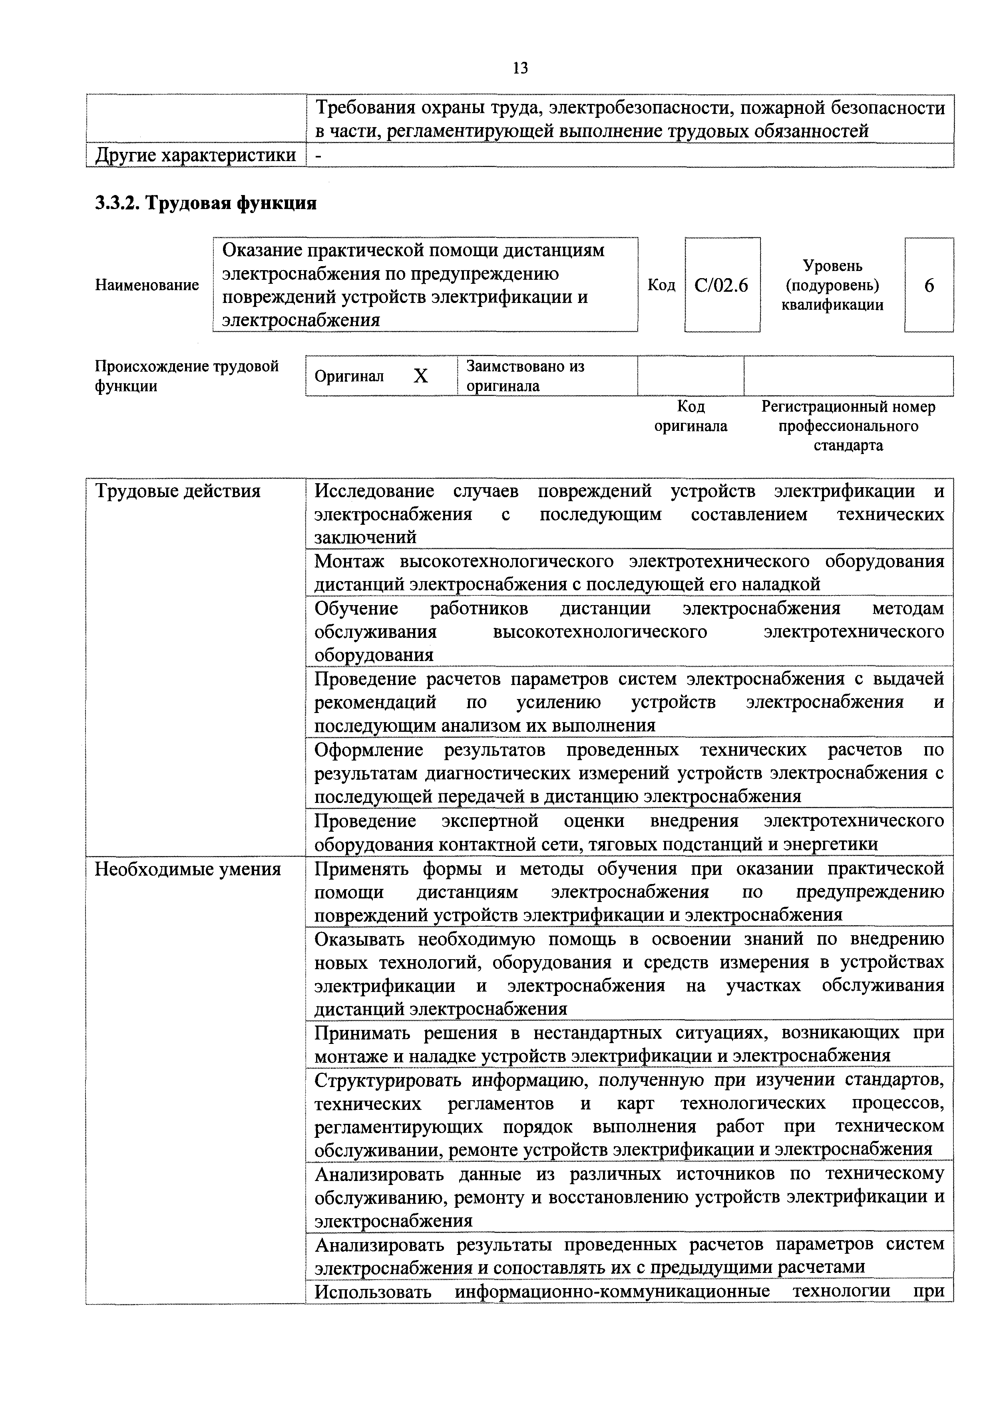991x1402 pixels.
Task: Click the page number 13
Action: click(520, 68)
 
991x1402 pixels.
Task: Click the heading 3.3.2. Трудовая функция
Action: click(206, 203)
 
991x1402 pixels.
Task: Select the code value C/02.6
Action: click(721, 285)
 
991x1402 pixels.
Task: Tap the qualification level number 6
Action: click(929, 285)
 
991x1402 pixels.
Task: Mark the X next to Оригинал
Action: click(421, 376)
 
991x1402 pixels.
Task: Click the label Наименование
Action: click(147, 285)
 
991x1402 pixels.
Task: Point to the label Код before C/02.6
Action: click(661, 285)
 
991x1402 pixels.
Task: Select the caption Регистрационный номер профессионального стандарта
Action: click(848, 426)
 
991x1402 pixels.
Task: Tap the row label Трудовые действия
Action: click(178, 491)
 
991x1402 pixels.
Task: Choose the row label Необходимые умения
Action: click(187, 868)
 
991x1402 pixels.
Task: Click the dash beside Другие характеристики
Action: click(318, 156)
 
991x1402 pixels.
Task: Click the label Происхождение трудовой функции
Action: click(186, 376)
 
